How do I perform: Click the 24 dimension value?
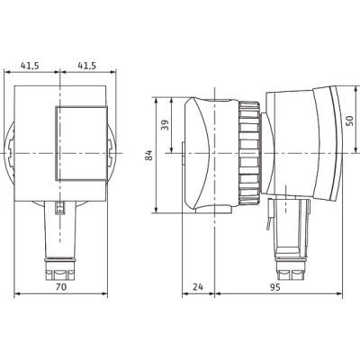point(198,289)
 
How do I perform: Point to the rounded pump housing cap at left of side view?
point(200,154)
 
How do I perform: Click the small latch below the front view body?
point(60,209)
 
